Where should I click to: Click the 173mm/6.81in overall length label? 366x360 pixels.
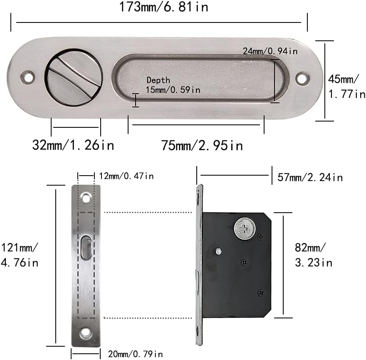(x=163, y=7)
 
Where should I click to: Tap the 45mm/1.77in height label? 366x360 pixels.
(x=346, y=87)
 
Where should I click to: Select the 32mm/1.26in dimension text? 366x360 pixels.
(x=73, y=145)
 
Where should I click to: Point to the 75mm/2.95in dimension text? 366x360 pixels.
(x=202, y=145)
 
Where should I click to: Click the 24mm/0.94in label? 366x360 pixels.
(x=270, y=51)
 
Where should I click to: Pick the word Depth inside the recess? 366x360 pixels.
(x=158, y=80)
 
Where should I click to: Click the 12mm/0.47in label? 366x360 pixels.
(x=126, y=176)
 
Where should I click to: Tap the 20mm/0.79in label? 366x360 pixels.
(x=136, y=354)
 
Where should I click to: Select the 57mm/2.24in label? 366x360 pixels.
(x=310, y=178)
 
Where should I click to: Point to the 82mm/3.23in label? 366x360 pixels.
(x=314, y=255)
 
